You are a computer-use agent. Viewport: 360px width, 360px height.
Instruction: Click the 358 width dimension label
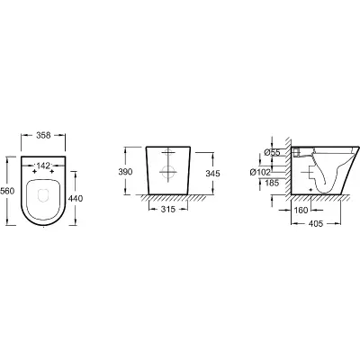point(43,135)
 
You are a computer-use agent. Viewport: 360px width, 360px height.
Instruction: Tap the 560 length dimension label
point(7,191)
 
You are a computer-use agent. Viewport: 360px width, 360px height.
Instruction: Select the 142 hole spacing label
point(43,166)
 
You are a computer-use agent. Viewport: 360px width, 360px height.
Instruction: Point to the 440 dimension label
point(76,198)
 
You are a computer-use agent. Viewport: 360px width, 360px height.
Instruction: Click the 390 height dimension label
point(125,172)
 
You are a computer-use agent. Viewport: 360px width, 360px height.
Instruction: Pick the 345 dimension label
point(212,174)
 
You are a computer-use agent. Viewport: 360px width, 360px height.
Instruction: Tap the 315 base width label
point(168,209)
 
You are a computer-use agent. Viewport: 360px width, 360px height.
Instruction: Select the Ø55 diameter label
point(272,152)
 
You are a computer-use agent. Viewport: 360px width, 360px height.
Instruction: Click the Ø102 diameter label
point(260,172)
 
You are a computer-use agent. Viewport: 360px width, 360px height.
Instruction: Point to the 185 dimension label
point(272,183)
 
